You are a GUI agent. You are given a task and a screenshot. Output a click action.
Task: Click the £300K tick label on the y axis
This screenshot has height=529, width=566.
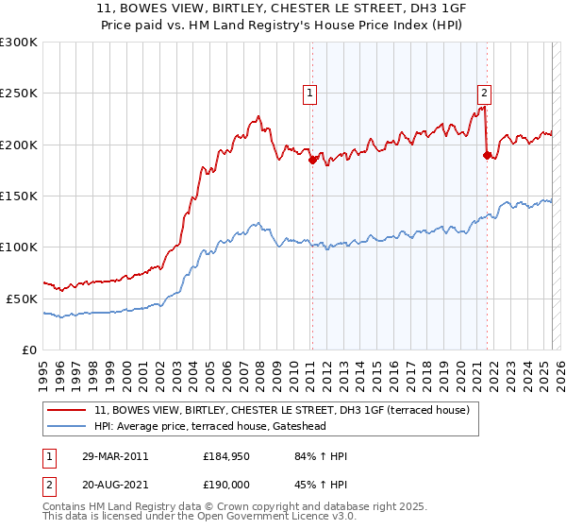[19, 43]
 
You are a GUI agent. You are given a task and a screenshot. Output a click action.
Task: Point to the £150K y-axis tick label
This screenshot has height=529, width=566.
[19, 196]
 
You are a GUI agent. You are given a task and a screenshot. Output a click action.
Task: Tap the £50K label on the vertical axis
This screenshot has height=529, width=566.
[23, 298]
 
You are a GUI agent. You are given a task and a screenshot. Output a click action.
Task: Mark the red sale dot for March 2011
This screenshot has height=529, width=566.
[312, 160]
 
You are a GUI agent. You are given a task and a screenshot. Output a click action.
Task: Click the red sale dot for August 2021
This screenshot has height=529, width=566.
[487, 155]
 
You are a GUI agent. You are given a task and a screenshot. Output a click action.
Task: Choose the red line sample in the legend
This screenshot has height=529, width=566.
[67, 409]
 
